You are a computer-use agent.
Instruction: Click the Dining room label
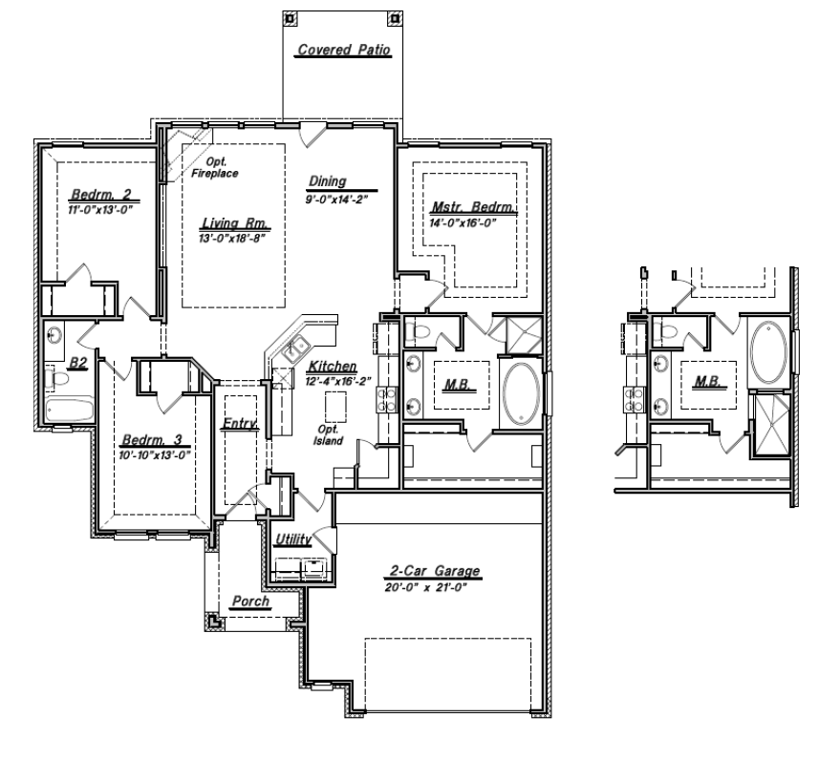(327, 180)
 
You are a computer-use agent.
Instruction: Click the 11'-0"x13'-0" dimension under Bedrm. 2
(97, 207)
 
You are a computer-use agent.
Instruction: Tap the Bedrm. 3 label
(152, 441)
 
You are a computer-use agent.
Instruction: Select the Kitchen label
(332, 367)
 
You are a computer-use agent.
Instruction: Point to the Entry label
(240, 423)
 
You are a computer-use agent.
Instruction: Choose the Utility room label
(293, 540)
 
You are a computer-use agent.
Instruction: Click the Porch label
(250, 603)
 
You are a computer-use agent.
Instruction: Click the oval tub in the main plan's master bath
(520, 391)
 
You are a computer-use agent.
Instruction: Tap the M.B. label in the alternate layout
(708, 382)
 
